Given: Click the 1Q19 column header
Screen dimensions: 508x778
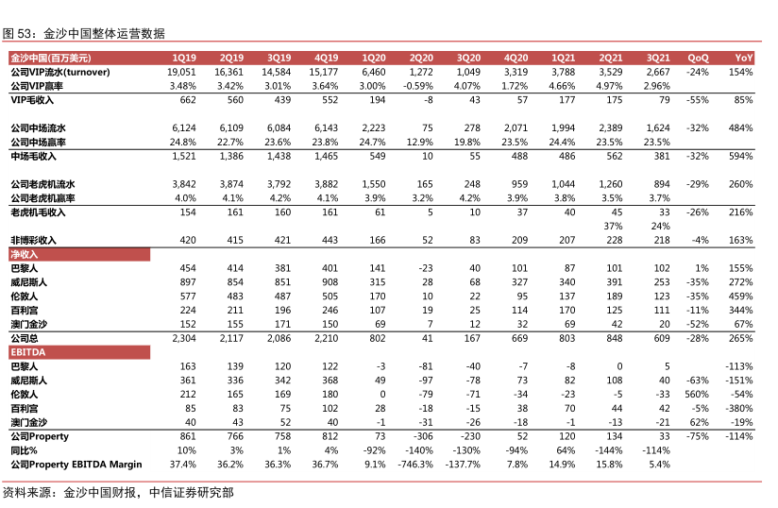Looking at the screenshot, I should pyautogui.click(x=184, y=58).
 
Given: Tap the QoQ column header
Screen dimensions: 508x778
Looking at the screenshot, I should pyautogui.click(x=697, y=58).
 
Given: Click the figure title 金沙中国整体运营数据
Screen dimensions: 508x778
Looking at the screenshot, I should pyautogui.click(x=104, y=33).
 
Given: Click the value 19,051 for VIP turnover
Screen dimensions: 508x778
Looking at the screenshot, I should pyautogui.click(x=181, y=72).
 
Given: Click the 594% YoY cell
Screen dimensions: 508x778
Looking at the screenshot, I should pyautogui.click(x=741, y=156).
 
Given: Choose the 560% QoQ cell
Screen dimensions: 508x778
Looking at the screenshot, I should pyautogui.click(x=696, y=394).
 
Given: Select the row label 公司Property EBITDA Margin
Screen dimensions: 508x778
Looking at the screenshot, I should pyautogui.click(x=76, y=465).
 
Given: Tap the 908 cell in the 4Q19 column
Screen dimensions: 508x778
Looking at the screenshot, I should pyautogui.click(x=329, y=282).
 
